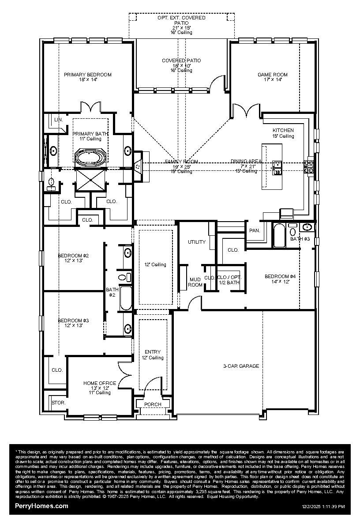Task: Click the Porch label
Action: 153,404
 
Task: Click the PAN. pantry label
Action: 255,230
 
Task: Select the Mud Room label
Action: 195,282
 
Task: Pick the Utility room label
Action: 197,242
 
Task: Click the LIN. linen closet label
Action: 58,120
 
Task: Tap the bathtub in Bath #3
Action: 280,236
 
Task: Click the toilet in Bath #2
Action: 124,278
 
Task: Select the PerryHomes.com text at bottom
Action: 42,506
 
